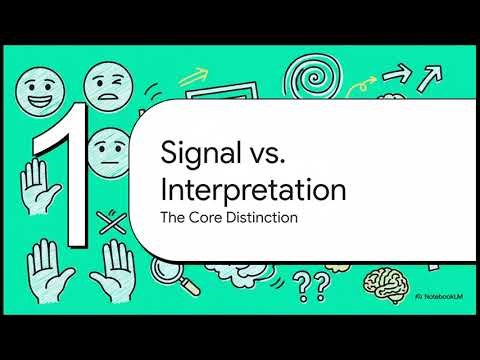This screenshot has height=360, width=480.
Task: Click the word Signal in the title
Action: pyautogui.click(x=196, y=153)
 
